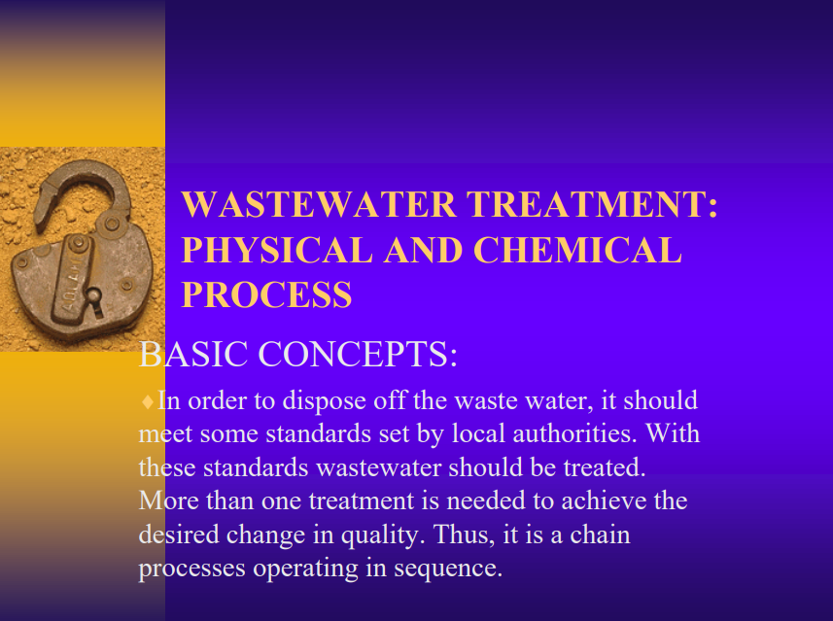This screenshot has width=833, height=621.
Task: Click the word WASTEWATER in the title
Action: pyautogui.click(x=319, y=204)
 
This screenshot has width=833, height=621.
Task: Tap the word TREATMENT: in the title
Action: pyautogui.click(x=592, y=204)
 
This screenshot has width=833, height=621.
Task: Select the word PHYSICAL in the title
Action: pyautogui.click(x=277, y=250)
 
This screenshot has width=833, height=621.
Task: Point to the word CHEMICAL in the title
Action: pyautogui.click(x=577, y=250)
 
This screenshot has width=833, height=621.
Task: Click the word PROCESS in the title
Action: pyautogui.click(x=266, y=294)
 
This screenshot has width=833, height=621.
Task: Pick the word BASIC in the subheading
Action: pyautogui.click(x=193, y=354)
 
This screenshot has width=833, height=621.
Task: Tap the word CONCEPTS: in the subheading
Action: pyautogui.click(x=358, y=354)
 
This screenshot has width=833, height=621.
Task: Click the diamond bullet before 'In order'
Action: pyautogui.click(x=147, y=401)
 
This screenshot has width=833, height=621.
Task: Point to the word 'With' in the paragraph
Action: pyautogui.click(x=673, y=434)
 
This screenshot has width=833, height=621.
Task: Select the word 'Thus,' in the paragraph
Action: pyautogui.click(x=465, y=535)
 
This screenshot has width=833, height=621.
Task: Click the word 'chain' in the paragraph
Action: pyautogui.click(x=601, y=535)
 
